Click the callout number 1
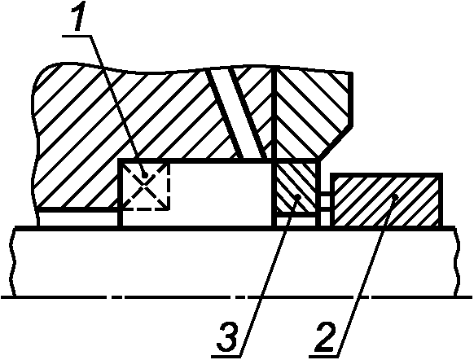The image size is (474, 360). coord(78,15)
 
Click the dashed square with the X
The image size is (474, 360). coord(145,185)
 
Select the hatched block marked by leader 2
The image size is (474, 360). coord(386,200)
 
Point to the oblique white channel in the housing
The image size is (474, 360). coord(236,114)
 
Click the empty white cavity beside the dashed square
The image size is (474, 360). coord(221,194)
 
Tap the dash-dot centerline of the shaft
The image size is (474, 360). coord(237,297)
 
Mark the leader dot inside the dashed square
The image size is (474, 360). coord(146,175)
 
